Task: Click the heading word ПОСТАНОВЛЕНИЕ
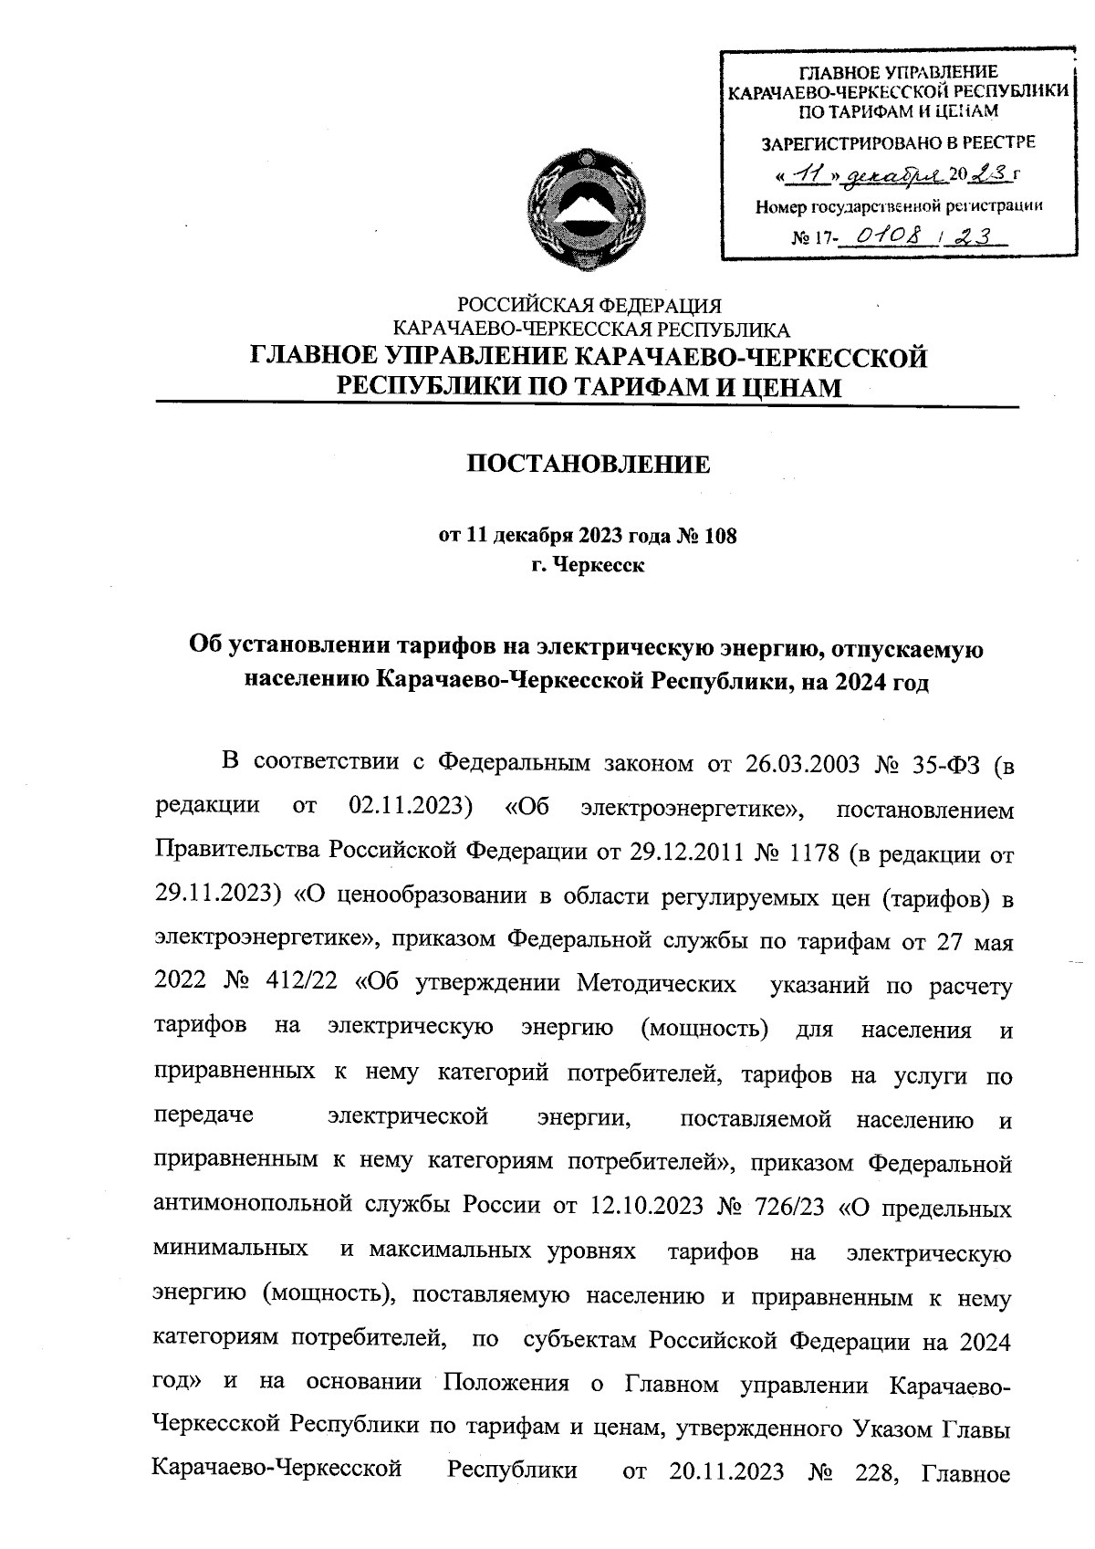[x=589, y=466]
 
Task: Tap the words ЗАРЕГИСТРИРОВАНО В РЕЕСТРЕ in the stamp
[x=899, y=143]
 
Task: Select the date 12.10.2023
[x=644, y=1208]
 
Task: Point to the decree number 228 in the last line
[x=874, y=1474]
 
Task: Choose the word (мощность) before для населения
[x=704, y=1030]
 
